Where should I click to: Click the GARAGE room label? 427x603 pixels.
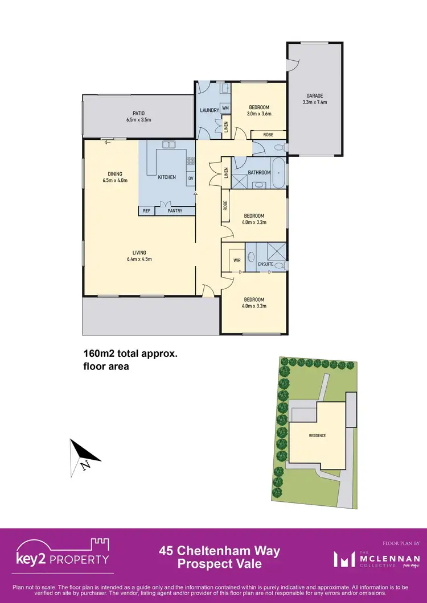[315, 96]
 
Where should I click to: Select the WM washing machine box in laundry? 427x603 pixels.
[225, 108]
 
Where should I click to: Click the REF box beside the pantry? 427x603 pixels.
[146, 211]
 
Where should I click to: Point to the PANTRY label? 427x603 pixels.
[175, 211]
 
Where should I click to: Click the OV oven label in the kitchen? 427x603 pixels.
[191, 178]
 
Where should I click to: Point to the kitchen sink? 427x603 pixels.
[169, 145]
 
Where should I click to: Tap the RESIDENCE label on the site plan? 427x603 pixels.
[317, 436]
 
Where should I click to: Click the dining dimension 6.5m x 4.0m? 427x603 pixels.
[115, 181]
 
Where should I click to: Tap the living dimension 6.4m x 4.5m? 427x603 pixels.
[139, 259]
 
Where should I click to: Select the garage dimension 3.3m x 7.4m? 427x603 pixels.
[315, 103]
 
